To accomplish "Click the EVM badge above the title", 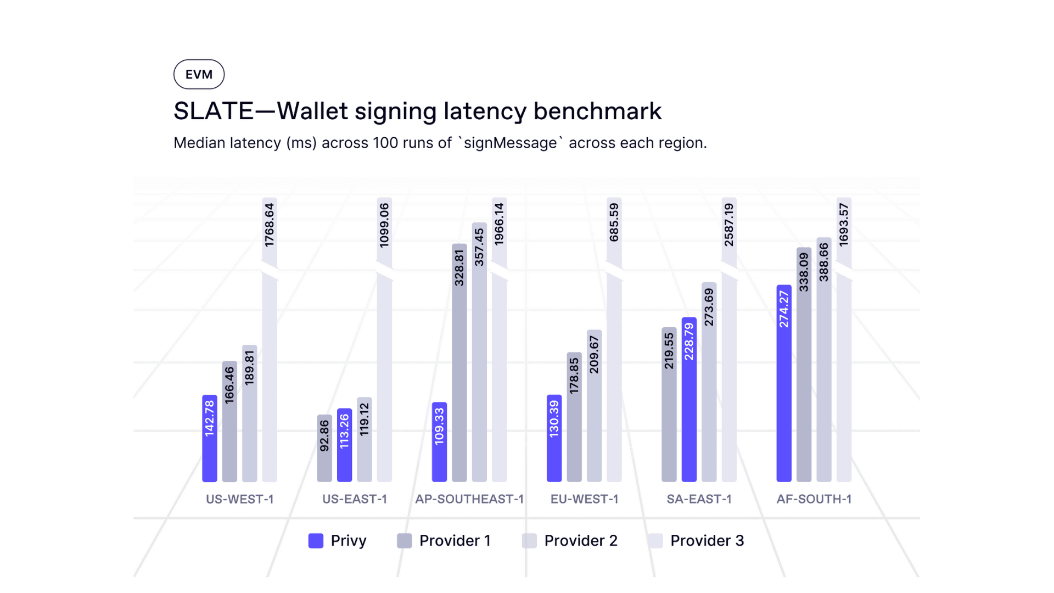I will click(x=199, y=74).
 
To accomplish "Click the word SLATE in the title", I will click(x=213, y=111).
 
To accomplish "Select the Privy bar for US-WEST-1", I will click(x=210, y=439).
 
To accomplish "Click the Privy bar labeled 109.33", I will click(x=439, y=443).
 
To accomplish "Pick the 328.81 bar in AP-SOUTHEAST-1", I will click(x=459, y=362).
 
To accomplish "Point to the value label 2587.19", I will click(x=729, y=225).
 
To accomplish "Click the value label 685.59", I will click(x=614, y=222).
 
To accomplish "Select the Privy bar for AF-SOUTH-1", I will click(x=784, y=384).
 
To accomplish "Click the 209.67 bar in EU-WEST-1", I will click(x=594, y=406).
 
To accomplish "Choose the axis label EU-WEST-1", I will click(x=584, y=499).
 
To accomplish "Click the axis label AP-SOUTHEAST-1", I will click(x=469, y=499).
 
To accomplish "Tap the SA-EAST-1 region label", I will click(x=699, y=499).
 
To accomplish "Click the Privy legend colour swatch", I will click(x=316, y=541).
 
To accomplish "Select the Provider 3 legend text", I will click(x=707, y=541).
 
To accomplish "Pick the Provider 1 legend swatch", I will click(x=405, y=541).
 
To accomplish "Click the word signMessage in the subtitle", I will click(x=510, y=143).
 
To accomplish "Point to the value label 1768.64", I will click(x=270, y=225).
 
